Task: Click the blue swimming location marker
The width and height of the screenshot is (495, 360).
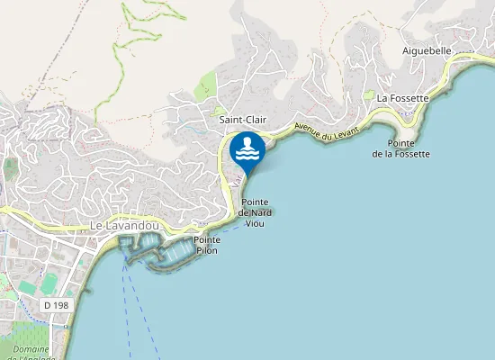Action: pos(247,150)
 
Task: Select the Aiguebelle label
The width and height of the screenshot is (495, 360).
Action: pos(427,51)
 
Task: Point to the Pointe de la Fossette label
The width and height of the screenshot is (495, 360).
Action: pos(401,148)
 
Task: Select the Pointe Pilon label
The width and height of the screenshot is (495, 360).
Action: pos(206,245)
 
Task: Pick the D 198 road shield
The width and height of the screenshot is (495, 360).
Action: pos(56,306)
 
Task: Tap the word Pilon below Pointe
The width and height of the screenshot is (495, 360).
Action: pos(206,250)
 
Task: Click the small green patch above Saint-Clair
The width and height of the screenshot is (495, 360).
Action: pos(208,87)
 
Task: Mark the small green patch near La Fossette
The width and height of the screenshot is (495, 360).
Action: pos(368,94)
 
